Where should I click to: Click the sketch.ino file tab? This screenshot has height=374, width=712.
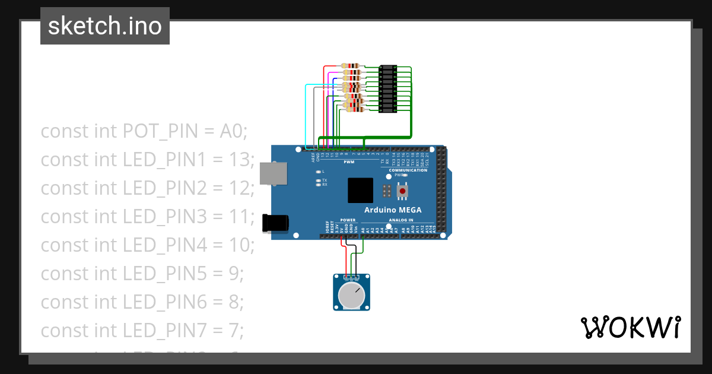(x=105, y=26)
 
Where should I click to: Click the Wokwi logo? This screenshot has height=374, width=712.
(x=630, y=327)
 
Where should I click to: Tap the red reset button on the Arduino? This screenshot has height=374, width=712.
(x=403, y=191)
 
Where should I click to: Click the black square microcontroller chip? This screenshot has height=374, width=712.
(x=361, y=191)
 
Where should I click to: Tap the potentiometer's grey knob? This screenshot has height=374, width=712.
(x=351, y=295)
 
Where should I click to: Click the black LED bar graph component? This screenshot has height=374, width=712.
(x=387, y=88)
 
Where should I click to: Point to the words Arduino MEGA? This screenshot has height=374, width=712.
(x=393, y=210)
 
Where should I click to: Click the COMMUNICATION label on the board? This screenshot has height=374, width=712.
(x=408, y=170)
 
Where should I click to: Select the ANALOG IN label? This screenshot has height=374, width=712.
(x=401, y=220)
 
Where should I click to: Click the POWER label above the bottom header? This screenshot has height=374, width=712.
(x=348, y=220)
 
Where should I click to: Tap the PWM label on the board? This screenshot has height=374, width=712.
(x=349, y=161)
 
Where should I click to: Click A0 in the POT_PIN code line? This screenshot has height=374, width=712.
(x=233, y=131)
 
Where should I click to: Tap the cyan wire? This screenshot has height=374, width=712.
(x=306, y=116)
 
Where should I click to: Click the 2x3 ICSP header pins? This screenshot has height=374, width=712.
(x=387, y=191)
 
